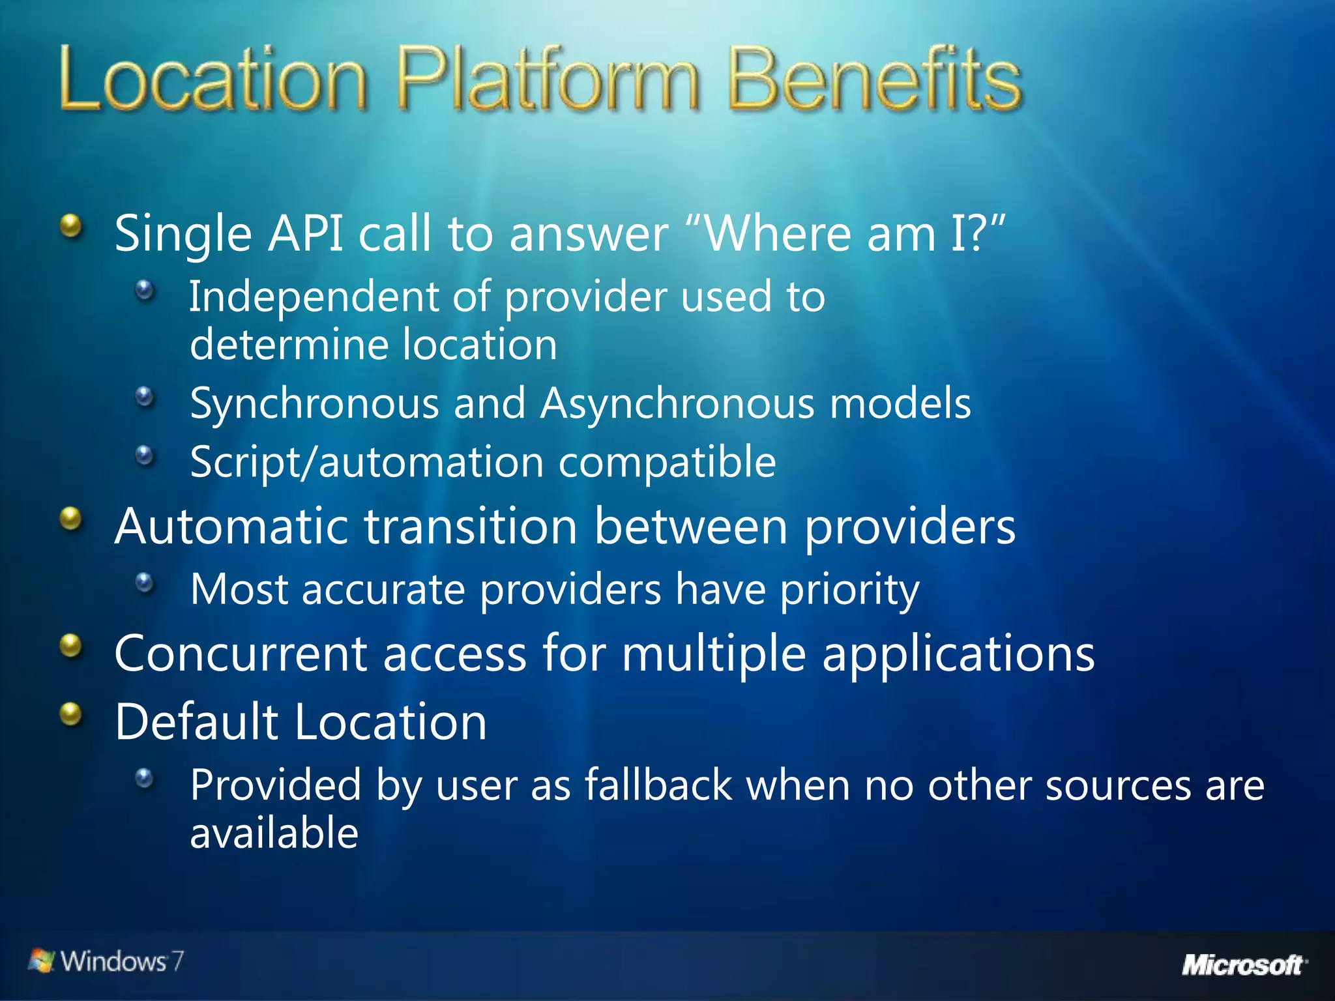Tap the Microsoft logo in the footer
pos(1244,965)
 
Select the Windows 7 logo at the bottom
pos(106,961)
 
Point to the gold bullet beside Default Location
pos(71,714)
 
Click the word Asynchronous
pos(677,403)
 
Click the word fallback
pos(658,785)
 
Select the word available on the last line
pos(274,833)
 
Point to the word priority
pos(849,590)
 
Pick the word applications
pos(958,654)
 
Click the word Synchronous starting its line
pos(314,404)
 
